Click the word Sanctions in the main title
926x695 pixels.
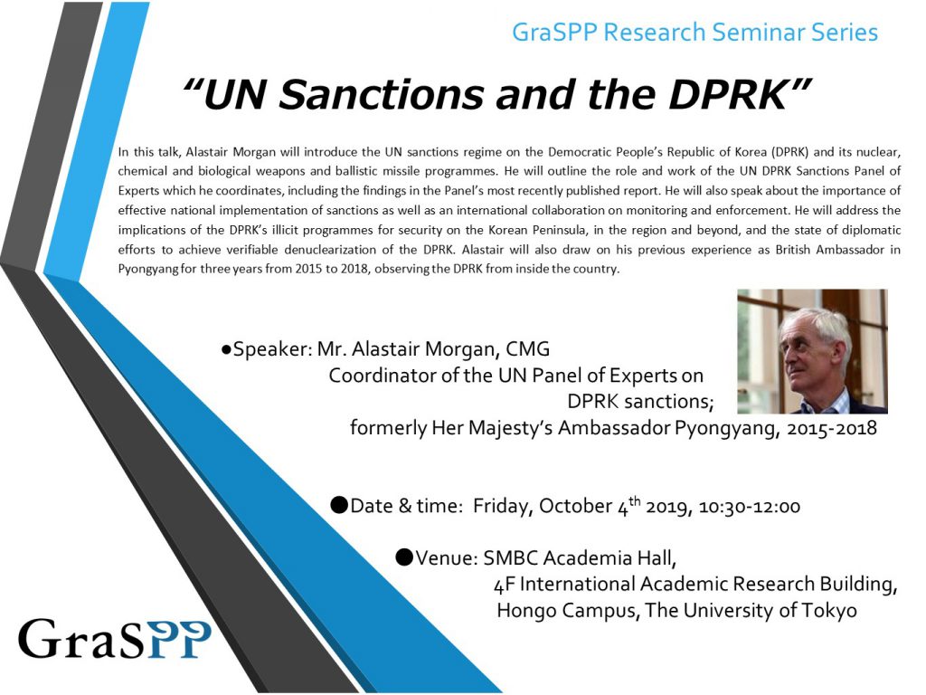coord(381,94)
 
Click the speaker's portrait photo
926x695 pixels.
coord(812,351)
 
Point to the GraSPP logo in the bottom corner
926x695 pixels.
coord(115,639)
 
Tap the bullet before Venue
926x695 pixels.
coord(404,557)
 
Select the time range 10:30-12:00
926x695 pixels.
coord(750,507)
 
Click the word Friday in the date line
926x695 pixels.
coord(503,507)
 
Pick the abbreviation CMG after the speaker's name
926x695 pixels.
coord(527,349)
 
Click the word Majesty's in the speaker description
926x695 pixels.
coord(510,428)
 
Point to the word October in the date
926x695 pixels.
coord(576,507)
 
